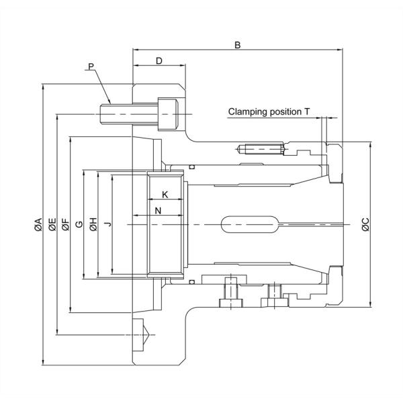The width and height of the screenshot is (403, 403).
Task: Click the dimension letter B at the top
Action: click(237, 45)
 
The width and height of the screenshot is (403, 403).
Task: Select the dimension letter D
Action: click(159, 61)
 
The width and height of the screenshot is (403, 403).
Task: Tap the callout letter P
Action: click(91, 66)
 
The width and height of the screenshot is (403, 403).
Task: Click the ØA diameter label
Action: click(38, 225)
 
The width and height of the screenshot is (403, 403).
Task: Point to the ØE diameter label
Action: click(52, 225)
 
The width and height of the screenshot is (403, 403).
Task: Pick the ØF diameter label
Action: click(65, 225)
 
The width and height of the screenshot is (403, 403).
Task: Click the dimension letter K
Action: click(165, 193)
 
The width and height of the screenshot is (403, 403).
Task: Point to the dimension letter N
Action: click(158, 211)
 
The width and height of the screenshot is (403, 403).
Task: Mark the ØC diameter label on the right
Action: click(365, 225)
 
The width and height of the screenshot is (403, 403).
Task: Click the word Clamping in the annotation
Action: click(248, 111)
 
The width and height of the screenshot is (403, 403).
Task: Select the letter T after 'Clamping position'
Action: click(306, 111)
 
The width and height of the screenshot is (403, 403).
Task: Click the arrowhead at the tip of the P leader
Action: click(109, 101)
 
